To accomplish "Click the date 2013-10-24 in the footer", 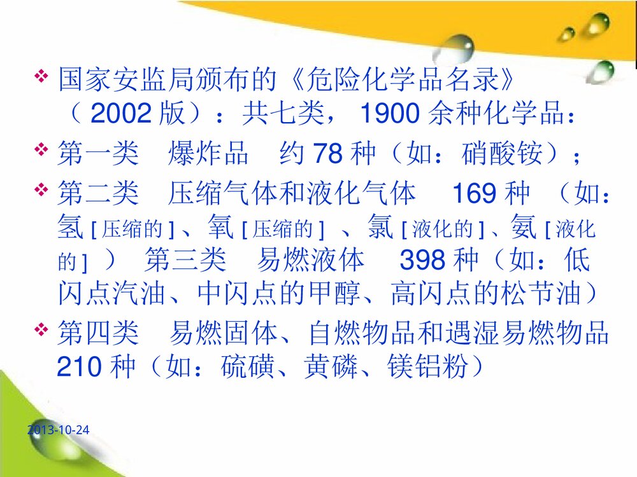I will pyautogui.click(x=59, y=431).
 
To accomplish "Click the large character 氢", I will pyautogui.click(x=69, y=228).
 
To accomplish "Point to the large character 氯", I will pyautogui.click(x=381, y=228).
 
